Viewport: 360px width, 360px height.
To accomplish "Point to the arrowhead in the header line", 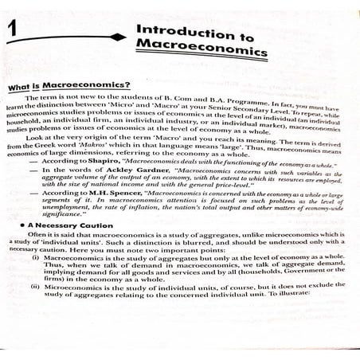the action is [120, 37].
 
